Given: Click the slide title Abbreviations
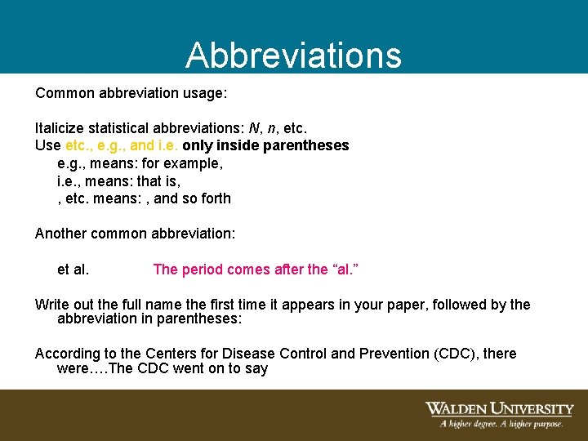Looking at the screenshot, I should pos(293,55).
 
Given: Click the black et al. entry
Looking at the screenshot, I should pos(73,269).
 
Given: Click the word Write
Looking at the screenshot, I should pos(51,305).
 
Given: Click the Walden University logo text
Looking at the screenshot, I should pos(498,408).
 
